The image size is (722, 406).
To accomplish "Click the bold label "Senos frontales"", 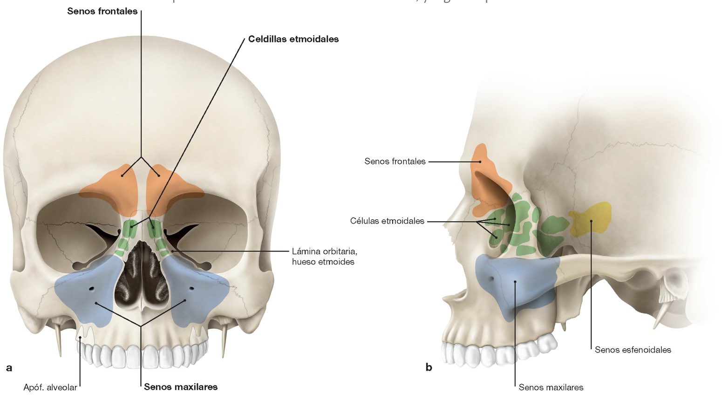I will coord(102,11).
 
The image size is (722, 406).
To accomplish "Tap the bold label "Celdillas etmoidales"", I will coord(293,39).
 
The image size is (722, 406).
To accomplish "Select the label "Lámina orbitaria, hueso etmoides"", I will coord(324,257).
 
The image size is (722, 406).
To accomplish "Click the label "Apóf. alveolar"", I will coord(50,387).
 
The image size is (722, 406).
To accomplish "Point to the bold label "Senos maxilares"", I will coord(181,386).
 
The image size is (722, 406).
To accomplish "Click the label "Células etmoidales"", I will coord(387,221).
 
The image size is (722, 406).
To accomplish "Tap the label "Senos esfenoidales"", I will coord(633,350).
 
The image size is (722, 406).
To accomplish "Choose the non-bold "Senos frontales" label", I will coord(395,162).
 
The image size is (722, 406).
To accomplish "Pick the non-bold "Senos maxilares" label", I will coord(551,387).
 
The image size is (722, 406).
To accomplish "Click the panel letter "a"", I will coord(9,368).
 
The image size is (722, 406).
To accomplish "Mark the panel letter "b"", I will coord(429,367).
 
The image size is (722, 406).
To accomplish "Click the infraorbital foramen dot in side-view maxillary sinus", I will coord(492,279).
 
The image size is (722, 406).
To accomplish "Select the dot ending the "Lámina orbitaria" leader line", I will coord(173,251).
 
